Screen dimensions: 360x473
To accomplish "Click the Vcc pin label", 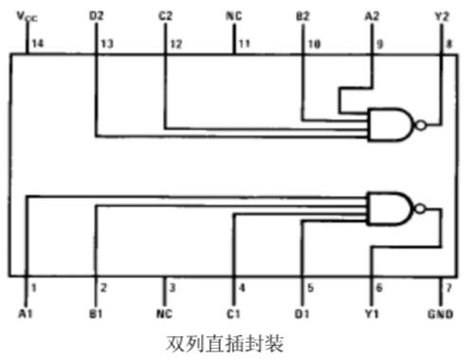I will [27, 16].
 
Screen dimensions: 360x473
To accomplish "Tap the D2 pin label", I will [96, 16].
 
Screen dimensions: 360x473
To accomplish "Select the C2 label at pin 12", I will [165, 16].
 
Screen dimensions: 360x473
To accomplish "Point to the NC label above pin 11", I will [234, 16].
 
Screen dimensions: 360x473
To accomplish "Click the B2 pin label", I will [302, 16].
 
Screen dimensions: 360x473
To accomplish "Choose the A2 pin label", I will [372, 16].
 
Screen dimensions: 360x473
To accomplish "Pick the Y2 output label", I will [441, 16].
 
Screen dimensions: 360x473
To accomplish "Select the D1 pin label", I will [303, 312].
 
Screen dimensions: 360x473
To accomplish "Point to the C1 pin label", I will [234, 312].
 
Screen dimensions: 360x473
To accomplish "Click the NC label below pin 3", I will [165, 312].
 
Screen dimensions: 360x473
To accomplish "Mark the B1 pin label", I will [96, 312].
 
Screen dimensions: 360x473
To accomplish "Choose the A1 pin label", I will [27, 312].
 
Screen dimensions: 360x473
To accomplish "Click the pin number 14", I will [38, 44].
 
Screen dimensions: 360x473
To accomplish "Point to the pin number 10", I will [314, 44].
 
